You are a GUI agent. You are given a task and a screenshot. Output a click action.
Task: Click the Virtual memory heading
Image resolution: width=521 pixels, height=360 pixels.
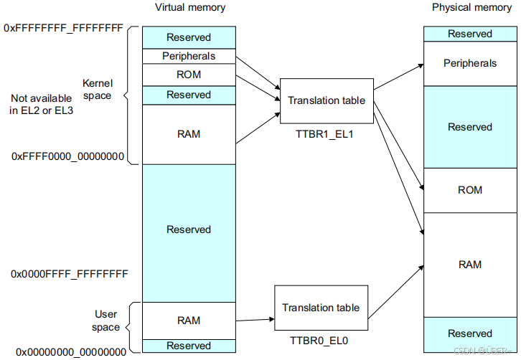coord(190,8)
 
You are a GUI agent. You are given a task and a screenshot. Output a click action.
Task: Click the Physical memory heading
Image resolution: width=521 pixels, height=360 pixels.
coord(471,8)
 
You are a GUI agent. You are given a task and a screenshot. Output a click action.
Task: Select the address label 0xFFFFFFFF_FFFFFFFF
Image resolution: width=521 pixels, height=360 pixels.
coord(64,29)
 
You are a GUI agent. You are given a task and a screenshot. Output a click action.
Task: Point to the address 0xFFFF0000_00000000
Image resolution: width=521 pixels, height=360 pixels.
coord(68,156)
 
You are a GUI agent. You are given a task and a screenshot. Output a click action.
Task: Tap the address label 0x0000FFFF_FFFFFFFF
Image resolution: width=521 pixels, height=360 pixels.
coord(70,274)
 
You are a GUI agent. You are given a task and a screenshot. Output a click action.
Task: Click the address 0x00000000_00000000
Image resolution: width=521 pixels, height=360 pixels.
coord(71,351)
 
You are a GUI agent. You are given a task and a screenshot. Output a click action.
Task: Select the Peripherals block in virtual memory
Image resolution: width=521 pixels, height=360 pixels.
coord(189,56)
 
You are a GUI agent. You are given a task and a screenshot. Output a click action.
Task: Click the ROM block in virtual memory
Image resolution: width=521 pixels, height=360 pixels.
coord(189,75)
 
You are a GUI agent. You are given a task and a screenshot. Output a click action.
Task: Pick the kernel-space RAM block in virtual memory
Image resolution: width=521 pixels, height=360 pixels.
coord(189,134)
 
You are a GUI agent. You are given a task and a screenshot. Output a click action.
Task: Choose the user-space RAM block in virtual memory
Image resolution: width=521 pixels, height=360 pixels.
coord(189,321)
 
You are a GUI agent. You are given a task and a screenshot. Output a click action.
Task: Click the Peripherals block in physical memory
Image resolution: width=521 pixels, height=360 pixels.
coord(470,64)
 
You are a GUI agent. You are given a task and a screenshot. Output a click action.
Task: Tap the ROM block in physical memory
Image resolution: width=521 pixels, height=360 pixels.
coord(470,190)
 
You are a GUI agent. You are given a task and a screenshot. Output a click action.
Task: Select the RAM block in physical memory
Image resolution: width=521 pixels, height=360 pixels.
coord(470,265)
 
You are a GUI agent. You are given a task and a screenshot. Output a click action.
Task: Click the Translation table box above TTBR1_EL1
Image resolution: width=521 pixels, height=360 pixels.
coord(327,100)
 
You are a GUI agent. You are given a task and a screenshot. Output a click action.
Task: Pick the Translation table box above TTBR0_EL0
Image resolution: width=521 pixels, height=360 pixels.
coord(321,308)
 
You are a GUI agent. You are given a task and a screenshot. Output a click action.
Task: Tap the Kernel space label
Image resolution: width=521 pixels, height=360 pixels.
coord(97,90)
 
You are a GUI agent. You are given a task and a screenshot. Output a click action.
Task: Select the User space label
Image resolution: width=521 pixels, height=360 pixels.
coord(105,321)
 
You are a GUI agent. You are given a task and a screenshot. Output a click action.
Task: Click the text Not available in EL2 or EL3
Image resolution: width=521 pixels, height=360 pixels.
coord(42,103)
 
